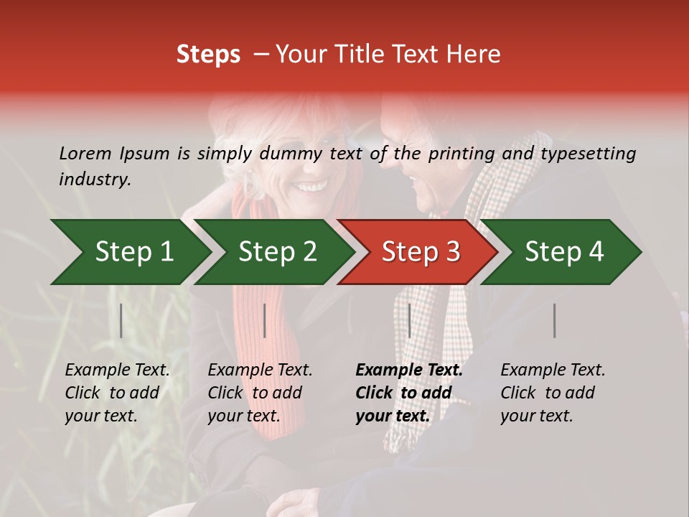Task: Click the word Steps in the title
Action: click(208, 55)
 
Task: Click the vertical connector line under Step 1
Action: click(121, 320)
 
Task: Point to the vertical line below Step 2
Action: click(265, 320)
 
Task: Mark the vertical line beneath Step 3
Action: click(409, 320)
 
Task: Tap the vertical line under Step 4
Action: click(554, 320)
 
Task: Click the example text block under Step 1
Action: click(117, 393)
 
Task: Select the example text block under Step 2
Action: click(260, 393)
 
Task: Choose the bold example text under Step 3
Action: click(409, 393)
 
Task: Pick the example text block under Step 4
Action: click(553, 393)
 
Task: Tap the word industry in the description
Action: click(95, 179)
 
